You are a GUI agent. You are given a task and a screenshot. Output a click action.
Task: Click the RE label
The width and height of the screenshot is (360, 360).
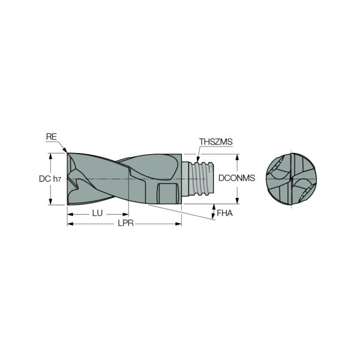click(x=52, y=137)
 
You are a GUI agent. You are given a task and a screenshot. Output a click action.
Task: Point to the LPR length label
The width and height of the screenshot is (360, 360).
click(x=126, y=224)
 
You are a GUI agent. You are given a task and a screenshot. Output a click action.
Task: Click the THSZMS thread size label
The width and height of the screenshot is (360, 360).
click(x=215, y=142)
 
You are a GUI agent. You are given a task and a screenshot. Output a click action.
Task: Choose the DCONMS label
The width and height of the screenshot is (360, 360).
click(x=237, y=178)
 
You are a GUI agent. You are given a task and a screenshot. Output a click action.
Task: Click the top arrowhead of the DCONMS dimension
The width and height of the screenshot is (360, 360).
click(x=238, y=157)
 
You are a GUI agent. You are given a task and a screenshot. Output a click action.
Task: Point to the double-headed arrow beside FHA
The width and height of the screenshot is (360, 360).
click(x=214, y=212)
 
